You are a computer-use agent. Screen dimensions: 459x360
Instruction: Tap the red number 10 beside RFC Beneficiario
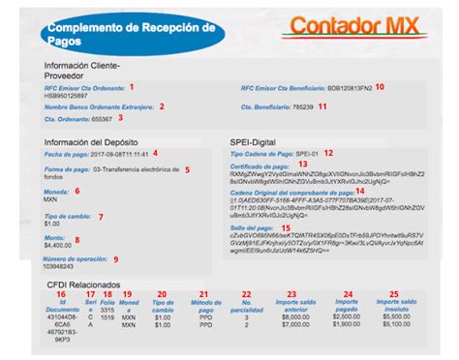point(380,87)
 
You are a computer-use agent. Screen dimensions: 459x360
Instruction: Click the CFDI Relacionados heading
point(81,285)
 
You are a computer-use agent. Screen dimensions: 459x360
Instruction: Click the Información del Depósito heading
point(91,143)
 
